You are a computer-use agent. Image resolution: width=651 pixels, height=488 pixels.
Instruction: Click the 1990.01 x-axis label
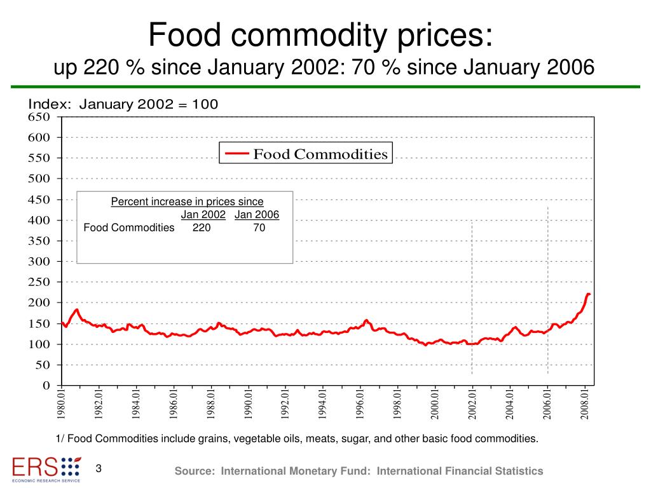point(249,403)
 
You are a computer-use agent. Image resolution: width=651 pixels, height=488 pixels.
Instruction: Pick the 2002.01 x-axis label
point(472,403)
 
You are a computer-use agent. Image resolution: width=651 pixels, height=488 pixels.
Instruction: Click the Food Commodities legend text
point(320,154)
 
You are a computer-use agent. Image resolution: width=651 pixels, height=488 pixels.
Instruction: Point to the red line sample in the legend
point(237,154)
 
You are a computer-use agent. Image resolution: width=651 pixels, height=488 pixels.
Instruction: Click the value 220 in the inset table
point(202,227)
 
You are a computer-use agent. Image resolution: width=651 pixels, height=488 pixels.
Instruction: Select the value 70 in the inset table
point(259,227)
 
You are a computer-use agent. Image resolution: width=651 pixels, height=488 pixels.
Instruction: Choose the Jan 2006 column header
point(257,215)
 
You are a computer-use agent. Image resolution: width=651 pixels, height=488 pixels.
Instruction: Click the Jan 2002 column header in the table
point(203,215)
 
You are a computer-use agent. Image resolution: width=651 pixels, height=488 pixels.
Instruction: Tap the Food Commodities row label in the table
point(129,227)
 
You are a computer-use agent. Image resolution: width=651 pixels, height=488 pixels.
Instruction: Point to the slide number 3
point(99,469)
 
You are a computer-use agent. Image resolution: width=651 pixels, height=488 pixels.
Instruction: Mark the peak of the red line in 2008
point(588,294)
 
